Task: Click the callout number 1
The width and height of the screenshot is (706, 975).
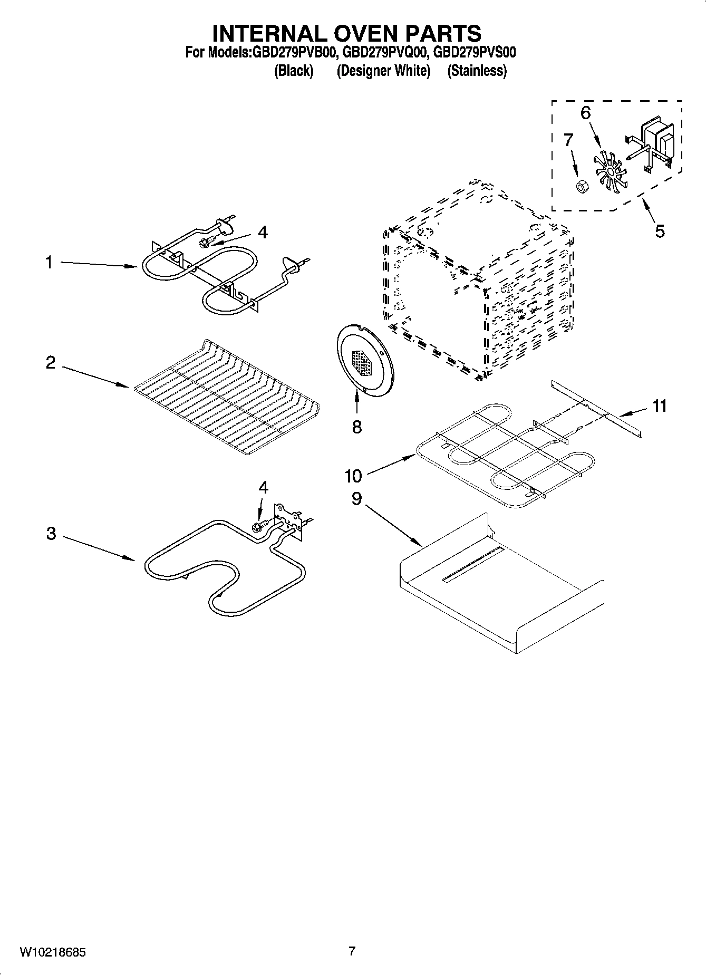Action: click(49, 262)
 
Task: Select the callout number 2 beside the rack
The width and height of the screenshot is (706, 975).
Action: click(51, 362)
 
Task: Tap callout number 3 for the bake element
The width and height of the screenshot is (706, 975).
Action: click(51, 533)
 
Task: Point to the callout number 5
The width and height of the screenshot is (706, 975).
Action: click(660, 231)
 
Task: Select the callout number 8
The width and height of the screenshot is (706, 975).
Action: click(357, 427)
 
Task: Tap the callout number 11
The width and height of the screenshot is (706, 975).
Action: click(659, 406)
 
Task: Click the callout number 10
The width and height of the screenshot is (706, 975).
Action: click(353, 476)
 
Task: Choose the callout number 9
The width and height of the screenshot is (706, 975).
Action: click(356, 498)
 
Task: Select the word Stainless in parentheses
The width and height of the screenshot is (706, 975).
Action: click(477, 71)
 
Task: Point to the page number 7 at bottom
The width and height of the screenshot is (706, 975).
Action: click(352, 951)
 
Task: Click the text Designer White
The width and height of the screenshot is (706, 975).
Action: click(383, 71)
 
